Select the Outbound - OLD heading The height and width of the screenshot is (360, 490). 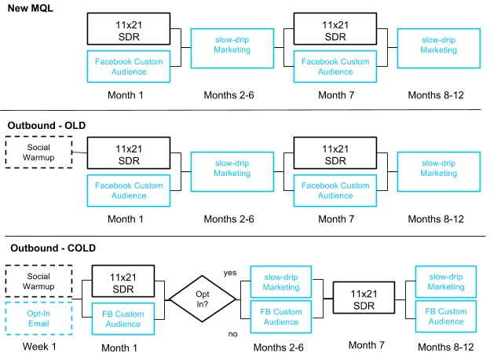(x=46, y=125)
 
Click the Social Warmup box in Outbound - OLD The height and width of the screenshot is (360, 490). (x=38, y=152)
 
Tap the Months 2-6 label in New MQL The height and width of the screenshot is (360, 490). (x=221, y=95)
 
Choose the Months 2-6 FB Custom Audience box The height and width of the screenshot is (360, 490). (x=280, y=316)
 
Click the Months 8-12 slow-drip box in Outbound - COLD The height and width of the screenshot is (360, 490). (x=446, y=281)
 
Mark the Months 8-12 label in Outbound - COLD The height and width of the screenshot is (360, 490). (x=446, y=347)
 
